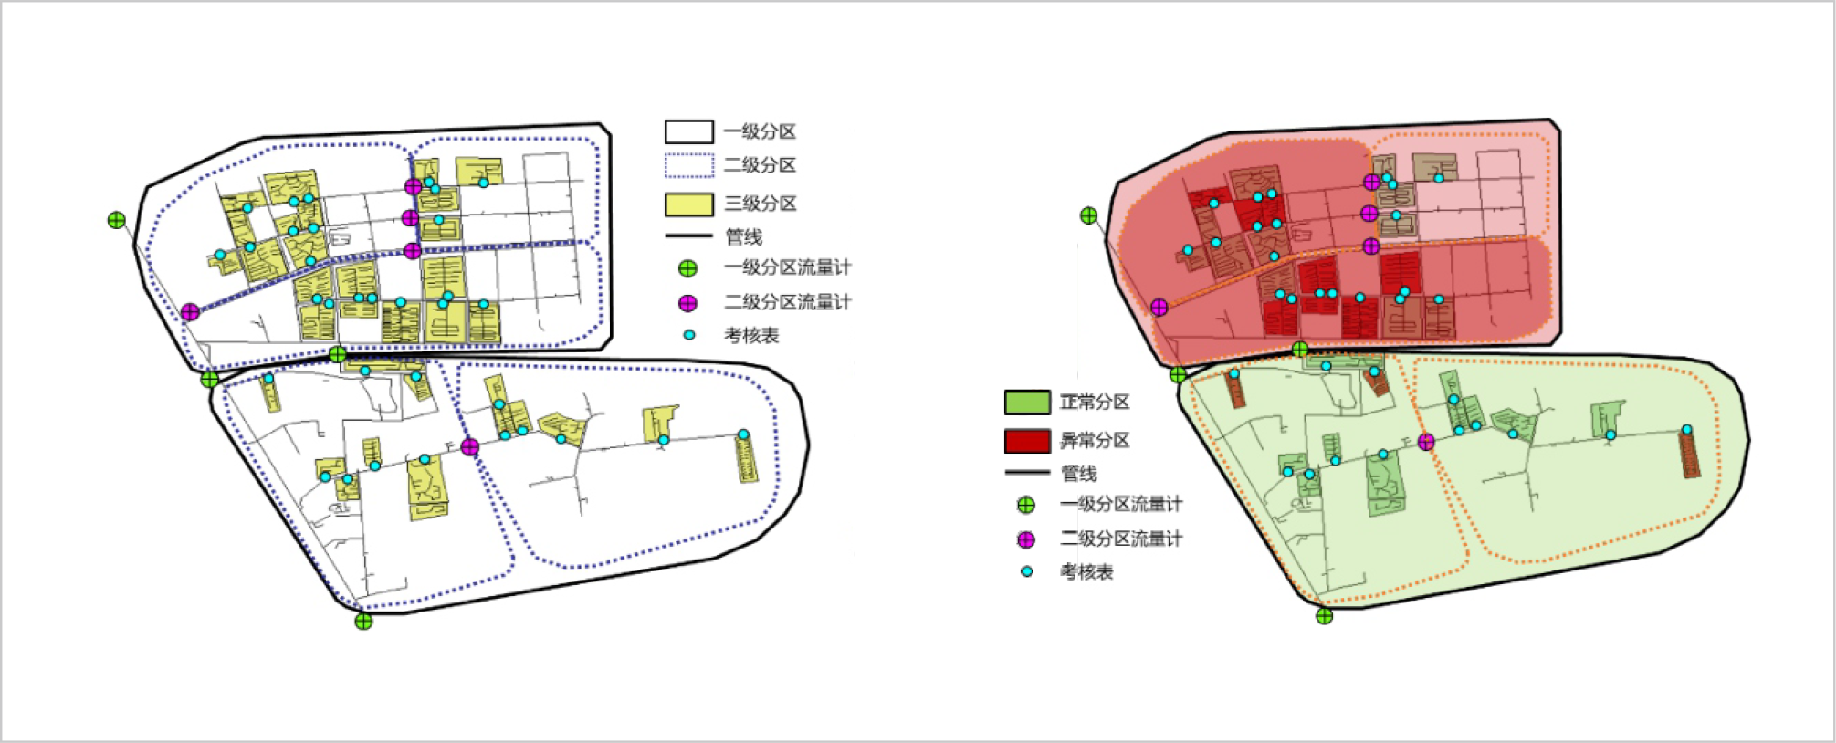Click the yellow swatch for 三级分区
coord(688,204)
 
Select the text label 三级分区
coord(760,204)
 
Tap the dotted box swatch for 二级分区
coord(688,165)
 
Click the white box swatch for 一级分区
coord(688,131)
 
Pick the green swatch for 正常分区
coord(1027,403)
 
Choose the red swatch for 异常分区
coord(1027,441)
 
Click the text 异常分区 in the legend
coord(1094,441)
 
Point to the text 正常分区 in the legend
coord(1094,403)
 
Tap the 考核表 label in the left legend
coord(751,336)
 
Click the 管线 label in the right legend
coord(1078,474)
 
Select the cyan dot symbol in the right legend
coord(1027,572)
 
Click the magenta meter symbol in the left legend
coord(687,303)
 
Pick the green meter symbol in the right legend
coord(1026,505)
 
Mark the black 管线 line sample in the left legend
coord(688,236)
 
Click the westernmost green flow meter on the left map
coord(116,220)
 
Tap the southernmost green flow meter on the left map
coord(363,622)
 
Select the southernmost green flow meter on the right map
coord(1324,616)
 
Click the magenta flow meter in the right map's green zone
coord(1426,442)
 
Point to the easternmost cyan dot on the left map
coord(743,434)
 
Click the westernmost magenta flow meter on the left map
coord(190,312)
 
